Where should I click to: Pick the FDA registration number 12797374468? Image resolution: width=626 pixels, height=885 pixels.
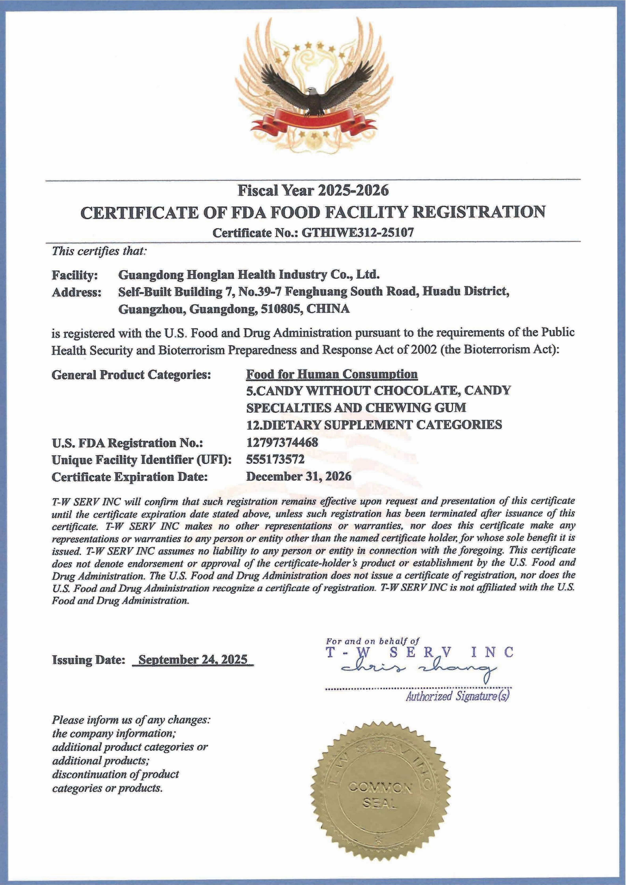point(282,442)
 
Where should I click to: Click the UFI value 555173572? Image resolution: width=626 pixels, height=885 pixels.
point(275,459)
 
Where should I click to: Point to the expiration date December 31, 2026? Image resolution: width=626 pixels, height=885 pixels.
point(299,476)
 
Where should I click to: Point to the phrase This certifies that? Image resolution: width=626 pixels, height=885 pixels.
point(99,251)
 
